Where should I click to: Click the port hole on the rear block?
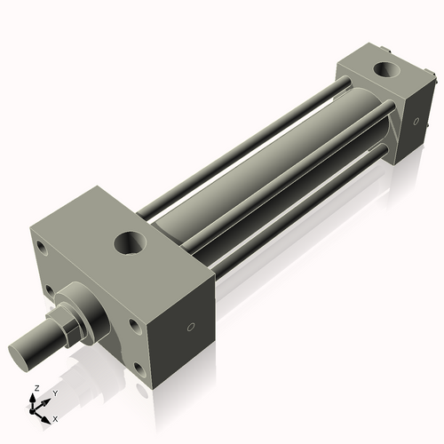387,68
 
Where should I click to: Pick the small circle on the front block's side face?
189,327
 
